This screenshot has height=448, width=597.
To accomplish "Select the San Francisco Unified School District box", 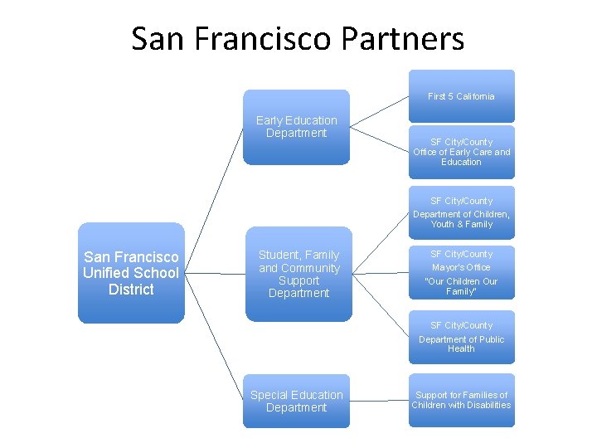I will [x=131, y=273].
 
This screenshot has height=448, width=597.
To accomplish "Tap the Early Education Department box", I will [x=296, y=127].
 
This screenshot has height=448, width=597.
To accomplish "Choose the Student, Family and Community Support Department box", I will [x=298, y=274].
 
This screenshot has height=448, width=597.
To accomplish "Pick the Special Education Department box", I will [x=296, y=402].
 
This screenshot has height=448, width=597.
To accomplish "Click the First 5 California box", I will [x=461, y=96].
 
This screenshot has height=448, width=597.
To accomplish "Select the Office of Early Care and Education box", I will [x=461, y=152].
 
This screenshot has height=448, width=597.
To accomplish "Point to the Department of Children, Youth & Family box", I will [x=461, y=212].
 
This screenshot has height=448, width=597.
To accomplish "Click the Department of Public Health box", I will [x=461, y=338].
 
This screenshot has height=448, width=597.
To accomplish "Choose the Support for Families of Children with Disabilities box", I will [x=461, y=400].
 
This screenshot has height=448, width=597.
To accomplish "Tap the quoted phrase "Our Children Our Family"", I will [x=461, y=286].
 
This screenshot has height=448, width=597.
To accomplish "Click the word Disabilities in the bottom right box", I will [x=488, y=406].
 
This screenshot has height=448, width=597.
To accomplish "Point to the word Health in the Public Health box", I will [x=461, y=349].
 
